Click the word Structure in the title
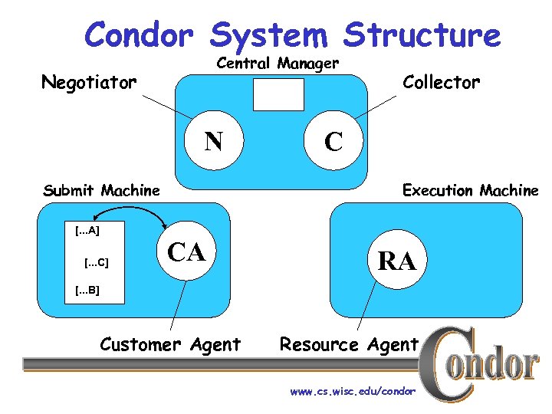[x=422, y=35]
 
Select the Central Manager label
[x=278, y=63]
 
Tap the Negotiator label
[x=89, y=81]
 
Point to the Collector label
[x=442, y=81]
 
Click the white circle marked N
[x=214, y=140]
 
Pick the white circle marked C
[x=333, y=141]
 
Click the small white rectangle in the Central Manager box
[x=278, y=94]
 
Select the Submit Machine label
[x=102, y=190]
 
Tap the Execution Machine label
[x=470, y=190]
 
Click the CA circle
[x=187, y=251]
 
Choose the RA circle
[x=396, y=261]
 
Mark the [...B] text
[x=87, y=291]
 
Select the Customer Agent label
[x=170, y=345]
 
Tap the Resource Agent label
[x=349, y=345]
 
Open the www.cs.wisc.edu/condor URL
[x=353, y=392]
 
